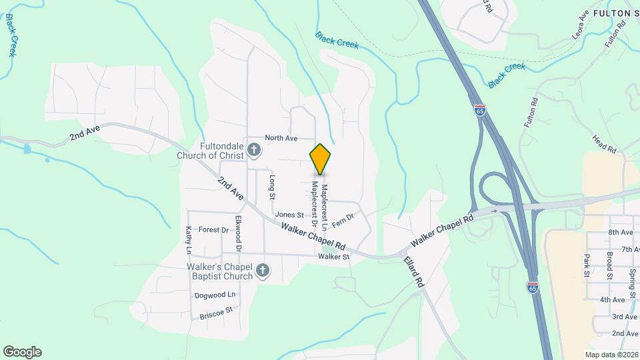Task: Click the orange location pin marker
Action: [x=320, y=159]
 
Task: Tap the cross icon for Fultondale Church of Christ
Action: [x=253, y=151]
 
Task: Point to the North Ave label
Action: [x=281, y=138]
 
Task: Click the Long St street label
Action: [x=272, y=187]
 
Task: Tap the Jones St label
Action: [x=289, y=215]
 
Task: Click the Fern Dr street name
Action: [x=342, y=219]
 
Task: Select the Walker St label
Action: [x=334, y=256]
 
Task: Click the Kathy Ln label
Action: [x=189, y=241]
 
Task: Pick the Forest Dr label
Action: [x=213, y=230]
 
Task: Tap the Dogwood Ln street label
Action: [x=215, y=295]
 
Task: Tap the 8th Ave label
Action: [x=619, y=232]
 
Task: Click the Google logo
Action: [x=22, y=352]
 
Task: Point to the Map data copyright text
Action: [x=611, y=355]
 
